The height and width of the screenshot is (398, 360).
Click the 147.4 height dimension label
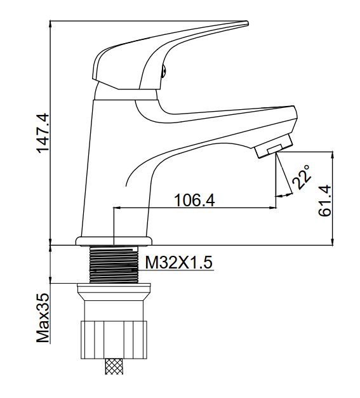43,133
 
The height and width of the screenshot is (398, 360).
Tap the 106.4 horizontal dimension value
194,200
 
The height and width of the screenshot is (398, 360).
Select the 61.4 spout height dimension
325,201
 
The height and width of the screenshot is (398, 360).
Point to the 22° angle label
302,177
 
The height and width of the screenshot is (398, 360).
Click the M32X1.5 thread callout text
179,262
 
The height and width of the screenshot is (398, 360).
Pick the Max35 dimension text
43,318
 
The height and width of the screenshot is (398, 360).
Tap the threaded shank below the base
114,265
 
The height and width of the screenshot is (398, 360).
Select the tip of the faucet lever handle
247,23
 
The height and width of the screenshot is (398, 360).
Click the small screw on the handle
163,70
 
